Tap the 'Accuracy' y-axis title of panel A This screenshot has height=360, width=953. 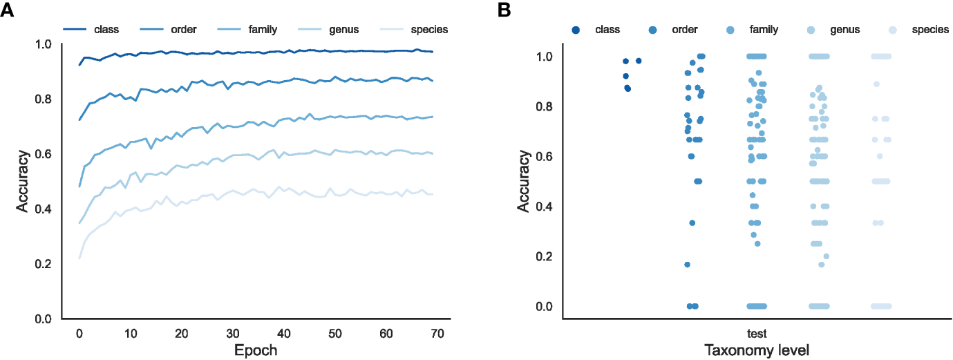23,181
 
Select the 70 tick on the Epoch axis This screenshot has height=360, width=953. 437,333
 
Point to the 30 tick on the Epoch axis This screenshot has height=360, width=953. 233,333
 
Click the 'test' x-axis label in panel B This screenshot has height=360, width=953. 756,332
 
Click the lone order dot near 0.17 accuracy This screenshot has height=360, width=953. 688,265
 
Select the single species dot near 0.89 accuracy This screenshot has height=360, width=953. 876,84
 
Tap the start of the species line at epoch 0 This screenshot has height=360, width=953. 79,258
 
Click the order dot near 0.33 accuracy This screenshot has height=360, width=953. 692,222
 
